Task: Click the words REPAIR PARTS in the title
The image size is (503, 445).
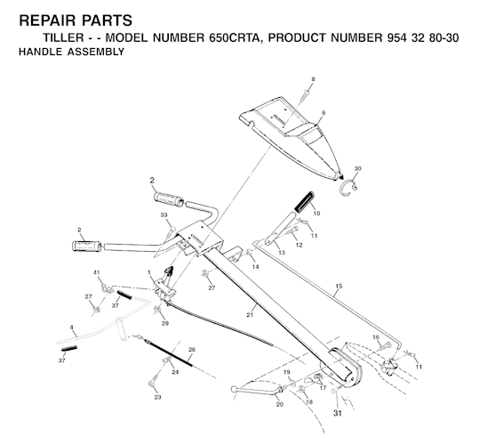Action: coord(76,20)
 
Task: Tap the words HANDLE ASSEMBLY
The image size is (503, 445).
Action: coord(71,52)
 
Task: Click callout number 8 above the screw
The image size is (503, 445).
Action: coord(313,79)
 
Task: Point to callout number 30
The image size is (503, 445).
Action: coord(357,169)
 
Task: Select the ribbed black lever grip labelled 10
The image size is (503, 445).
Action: coord(304,202)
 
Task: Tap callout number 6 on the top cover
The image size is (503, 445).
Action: coord(323,113)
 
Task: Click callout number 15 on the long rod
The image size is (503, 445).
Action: coord(339,286)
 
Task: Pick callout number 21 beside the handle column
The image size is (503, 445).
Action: coord(250,315)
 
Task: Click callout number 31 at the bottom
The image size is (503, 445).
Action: coord(337,413)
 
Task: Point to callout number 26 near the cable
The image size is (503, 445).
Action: coord(192,349)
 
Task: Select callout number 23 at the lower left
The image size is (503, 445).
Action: coord(157,397)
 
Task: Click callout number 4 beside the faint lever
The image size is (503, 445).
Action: coord(71,328)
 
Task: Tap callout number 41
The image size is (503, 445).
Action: coord(97,272)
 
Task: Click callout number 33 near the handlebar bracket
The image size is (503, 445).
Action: coord(164,214)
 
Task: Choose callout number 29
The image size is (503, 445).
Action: coord(165,323)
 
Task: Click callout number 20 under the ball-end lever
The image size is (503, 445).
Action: coord(280,404)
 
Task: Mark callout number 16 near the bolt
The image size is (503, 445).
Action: coord(376,337)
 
